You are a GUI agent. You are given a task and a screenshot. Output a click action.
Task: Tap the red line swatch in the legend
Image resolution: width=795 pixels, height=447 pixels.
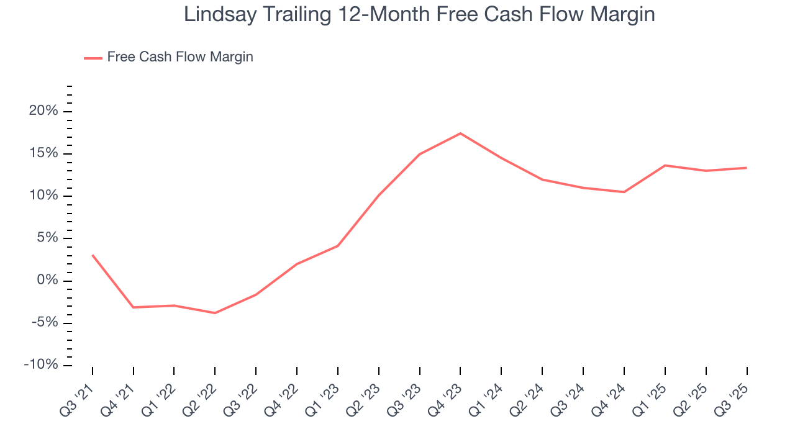pos(93,58)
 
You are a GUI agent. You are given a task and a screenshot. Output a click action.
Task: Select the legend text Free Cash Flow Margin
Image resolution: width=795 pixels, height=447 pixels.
pos(180,57)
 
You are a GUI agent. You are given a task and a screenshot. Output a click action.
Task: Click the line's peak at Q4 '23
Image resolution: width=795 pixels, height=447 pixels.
pos(460,133)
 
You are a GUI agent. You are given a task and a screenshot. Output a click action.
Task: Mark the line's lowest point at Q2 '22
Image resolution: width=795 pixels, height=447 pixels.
pos(215,313)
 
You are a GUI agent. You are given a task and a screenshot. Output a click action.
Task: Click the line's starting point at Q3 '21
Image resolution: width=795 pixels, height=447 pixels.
pos(93,255)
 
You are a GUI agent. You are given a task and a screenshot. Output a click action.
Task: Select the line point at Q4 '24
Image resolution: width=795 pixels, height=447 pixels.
pos(624,192)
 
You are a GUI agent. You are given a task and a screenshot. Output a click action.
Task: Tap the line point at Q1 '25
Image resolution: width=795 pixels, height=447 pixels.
pos(665,165)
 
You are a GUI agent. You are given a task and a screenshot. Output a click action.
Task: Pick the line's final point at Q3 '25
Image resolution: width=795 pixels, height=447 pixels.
pos(746,168)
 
